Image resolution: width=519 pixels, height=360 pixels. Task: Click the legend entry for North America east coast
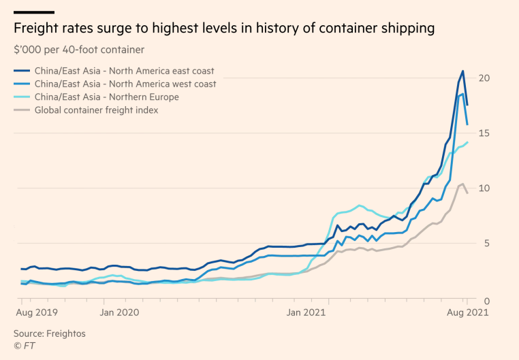click(114, 71)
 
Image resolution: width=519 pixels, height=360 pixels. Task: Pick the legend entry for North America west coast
click(115, 84)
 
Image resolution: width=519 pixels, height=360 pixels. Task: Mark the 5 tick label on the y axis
click(485, 244)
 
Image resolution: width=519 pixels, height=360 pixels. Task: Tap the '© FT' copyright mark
click(24, 346)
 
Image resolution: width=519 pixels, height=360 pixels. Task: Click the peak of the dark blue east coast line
click(463, 71)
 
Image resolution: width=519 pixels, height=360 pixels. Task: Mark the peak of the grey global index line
click(462, 184)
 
